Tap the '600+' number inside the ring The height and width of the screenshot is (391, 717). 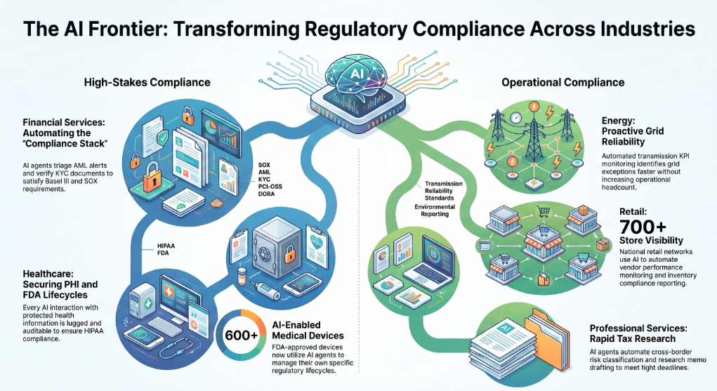click(x=241, y=336)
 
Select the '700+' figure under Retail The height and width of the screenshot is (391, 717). click(x=643, y=226)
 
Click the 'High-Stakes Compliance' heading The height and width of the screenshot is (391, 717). click(x=147, y=82)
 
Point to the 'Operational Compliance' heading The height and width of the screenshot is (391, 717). click(x=563, y=82)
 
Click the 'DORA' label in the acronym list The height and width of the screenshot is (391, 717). click(x=267, y=194)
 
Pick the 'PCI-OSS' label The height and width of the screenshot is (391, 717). click(x=270, y=187)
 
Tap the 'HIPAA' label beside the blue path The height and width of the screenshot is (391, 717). click(x=166, y=246)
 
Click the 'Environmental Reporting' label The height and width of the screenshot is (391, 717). click(x=435, y=211)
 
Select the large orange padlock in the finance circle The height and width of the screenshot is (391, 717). click(x=152, y=177)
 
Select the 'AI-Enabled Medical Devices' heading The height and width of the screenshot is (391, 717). click(x=308, y=330)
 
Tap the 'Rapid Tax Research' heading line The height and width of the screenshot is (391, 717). click(x=633, y=339)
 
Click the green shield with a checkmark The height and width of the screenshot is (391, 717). click(x=162, y=136)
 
